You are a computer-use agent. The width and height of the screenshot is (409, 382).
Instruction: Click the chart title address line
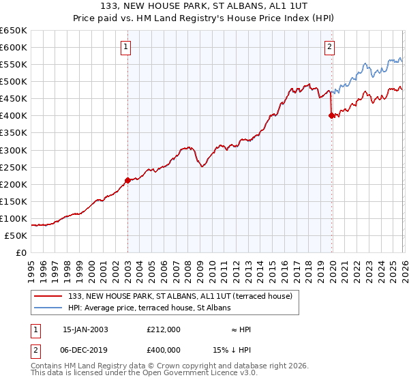(x=204, y=7)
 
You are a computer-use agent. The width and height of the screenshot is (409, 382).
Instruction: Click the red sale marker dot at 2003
(x=127, y=180)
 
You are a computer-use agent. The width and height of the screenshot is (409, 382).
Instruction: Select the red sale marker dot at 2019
(x=331, y=116)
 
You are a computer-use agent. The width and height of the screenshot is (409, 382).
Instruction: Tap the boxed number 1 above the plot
(x=127, y=47)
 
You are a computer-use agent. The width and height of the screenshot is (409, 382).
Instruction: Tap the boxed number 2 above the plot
(x=329, y=47)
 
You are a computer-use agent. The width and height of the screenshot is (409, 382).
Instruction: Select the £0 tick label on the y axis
(x=22, y=253)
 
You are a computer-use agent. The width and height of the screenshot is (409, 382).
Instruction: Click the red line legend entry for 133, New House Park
(x=180, y=296)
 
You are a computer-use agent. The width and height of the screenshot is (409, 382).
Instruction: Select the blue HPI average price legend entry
(x=149, y=308)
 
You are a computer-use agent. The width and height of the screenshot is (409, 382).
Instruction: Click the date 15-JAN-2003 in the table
(x=85, y=329)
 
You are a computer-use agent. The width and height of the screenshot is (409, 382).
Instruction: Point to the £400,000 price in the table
(x=164, y=349)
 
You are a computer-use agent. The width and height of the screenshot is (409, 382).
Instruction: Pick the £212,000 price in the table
(x=164, y=329)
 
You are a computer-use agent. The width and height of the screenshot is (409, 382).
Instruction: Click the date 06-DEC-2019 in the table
(x=85, y=349)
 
